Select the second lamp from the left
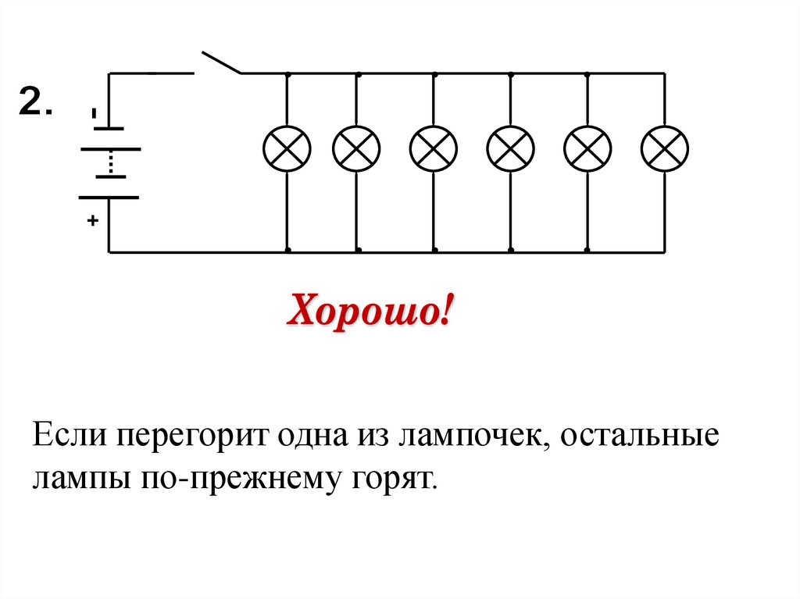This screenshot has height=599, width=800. [x=356, y=148]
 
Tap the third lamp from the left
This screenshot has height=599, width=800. [x=434, y=148]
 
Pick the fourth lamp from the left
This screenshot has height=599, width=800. [x=510, y=148]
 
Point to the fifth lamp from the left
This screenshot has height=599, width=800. [x=587, y=148]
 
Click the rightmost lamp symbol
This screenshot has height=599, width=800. [x=664, y=148]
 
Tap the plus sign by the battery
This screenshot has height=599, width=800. [x=93, y=222]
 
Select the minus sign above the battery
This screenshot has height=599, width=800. [x=94, y=114]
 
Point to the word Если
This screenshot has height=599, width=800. [x=70, y=433]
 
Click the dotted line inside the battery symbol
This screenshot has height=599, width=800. [x=110, y=163]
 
